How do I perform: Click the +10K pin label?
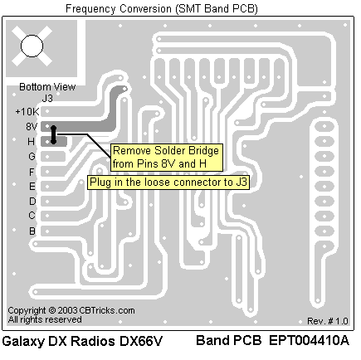pyautogui.click(x=27, y=112)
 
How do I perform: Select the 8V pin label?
pyautogui.click(x=32, y=127)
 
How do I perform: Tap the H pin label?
pyautogui.click(x=31, y=142)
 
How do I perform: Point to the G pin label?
pyautogui.click(x=32, y=157)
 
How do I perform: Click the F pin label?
pyautogui.click(x=32, y=172)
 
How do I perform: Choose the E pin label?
pyautogui.click(x=32, y=187)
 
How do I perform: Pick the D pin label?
pyautogui.click(x=32, y=201)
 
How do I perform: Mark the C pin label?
pyautogui.click(x=32, y=216)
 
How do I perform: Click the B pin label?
pyautogui.click(x=32, y=231)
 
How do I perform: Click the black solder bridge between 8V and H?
pyautogui.click(x=53, y=135)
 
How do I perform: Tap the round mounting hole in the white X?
pyautogui.click(x=32, y=46)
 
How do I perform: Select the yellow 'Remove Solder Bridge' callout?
pyautogui.click(x=167, y=158)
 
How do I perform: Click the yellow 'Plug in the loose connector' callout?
pyautogui.click(x=168, y=182)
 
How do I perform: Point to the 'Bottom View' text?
pyautogui.click(x=47, y=87)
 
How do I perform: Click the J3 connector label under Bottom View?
pyautogui.click(x=47, y=98)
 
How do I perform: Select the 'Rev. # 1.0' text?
pyautogui.click(x=328, y=321)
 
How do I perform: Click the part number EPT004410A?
pyautogui.click(x=309, y=340)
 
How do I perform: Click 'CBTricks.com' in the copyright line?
pyautogui.click(x=107, y=310)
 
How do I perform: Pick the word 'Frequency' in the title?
pyautogui.click(x=90, y=9)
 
